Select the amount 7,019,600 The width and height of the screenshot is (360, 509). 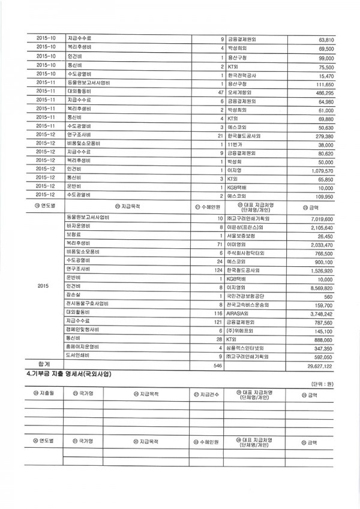(320, 219)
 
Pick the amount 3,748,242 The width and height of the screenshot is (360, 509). (320, 313)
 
